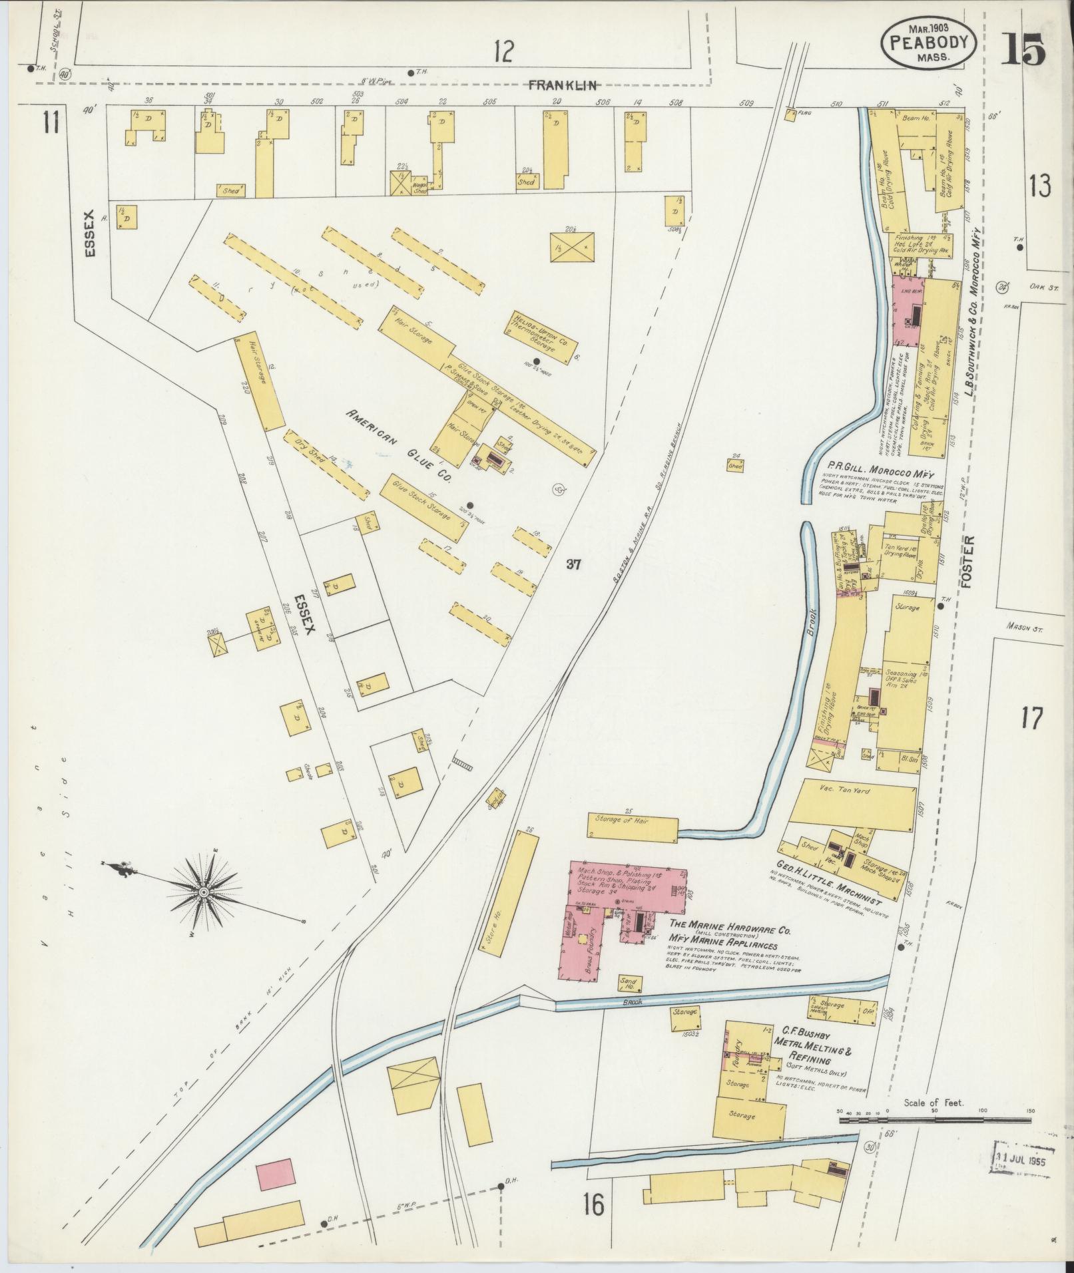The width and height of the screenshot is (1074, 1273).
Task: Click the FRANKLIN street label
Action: (563, 85)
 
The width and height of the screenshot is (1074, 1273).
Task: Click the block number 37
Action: (574, 564)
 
